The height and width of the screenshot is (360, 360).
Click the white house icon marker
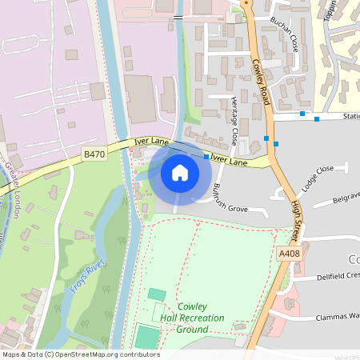point(180,172)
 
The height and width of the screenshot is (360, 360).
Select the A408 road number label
point(290,253)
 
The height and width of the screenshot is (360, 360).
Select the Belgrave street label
point(344,198)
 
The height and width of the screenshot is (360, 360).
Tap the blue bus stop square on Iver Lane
point(206,157)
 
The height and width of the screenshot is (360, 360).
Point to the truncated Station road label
point(350,116)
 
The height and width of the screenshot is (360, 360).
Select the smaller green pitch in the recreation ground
point(156,294)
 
